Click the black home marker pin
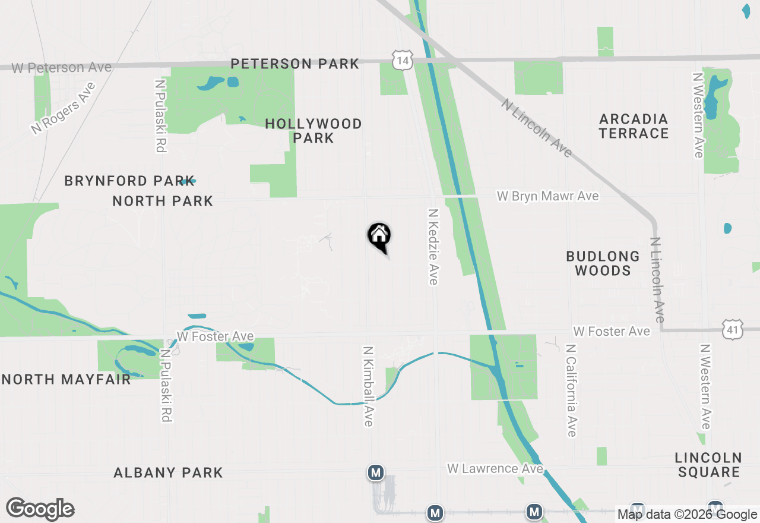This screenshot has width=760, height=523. [x=379, y=236]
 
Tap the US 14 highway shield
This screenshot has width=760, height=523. [x=403, y=59]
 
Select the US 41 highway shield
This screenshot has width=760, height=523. [x=733, y=329]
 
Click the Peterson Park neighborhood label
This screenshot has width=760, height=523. [x=294, y=64]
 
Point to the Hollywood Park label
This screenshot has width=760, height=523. [x=313, y=131]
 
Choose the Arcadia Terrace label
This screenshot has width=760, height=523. [x=634, y=126]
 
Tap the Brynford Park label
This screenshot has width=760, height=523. [x=129, y=181]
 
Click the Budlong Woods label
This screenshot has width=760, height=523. [x=603, y=263]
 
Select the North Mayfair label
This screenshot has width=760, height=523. [x=66, y=379]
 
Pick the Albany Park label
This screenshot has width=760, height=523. [x=169, y=472]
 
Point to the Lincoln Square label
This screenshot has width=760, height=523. [x=708, y=465]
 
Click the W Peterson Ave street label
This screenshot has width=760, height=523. [x=61, y=68]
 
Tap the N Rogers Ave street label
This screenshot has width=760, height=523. [x=63, y=108]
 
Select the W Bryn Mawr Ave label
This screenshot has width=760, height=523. [x=547, y=196]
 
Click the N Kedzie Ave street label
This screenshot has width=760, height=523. [x=433, y=246]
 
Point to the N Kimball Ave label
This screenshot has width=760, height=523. [x=368, y=386]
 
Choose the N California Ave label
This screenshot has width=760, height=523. [x=571, y=390]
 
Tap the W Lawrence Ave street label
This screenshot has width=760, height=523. [x=495, y=469]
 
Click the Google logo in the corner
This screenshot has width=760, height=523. [x=40, y=509]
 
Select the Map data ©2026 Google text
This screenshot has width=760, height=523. [x=687, y=515]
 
